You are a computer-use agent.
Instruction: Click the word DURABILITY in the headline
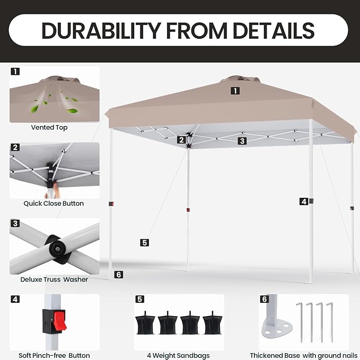coord(101,31)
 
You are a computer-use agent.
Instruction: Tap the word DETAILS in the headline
coord(274,31)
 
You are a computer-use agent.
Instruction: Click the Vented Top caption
coord(49,127)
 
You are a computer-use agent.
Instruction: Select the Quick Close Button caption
coord(54,204)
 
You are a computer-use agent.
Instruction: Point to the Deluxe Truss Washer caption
coord(54,279)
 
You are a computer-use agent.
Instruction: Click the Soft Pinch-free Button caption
coord(54,355)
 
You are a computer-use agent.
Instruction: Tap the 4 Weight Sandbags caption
coord(178,355)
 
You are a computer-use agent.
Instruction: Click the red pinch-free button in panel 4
coord(60,320)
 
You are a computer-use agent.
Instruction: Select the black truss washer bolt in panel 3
coord(57,249)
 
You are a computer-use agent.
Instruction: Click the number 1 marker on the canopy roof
coord(235,91)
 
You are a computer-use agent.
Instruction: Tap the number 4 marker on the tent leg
coord(304,201)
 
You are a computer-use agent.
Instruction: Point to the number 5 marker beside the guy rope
coord(144,243)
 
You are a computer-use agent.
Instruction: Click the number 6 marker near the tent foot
coord(118,274)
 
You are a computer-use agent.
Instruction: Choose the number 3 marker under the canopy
coord(242,141)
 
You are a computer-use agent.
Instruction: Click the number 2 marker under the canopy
coord(181,139)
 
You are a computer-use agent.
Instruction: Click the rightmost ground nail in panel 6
coord(330,322)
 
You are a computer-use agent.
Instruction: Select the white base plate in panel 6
coord(277,328)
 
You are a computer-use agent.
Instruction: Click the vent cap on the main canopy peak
coord(240,80)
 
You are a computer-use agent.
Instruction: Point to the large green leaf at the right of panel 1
coord(72,111)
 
